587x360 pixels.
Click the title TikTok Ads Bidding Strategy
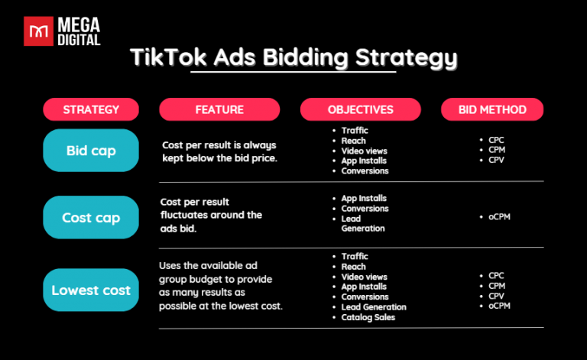point(293,57)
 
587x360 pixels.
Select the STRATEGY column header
point(91,110)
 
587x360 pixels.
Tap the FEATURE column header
point(219,110)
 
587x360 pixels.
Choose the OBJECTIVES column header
point(360,110)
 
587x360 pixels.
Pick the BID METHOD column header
point(492,110)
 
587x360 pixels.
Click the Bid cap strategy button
point(91,151)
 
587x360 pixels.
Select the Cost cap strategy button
point(91,218)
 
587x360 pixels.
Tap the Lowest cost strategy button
point(91,290)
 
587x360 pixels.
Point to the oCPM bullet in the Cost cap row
point(501,217)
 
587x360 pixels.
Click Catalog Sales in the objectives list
point(368,317)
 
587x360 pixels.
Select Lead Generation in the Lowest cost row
point(374,307)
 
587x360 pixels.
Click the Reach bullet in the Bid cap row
point(354,141)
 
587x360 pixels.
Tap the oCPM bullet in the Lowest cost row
point(501,306)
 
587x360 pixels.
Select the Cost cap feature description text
point(211,215)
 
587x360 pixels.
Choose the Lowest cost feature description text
point(220,285)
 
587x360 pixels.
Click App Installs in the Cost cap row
point(364,199)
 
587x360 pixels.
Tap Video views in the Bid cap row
point(365,151)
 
